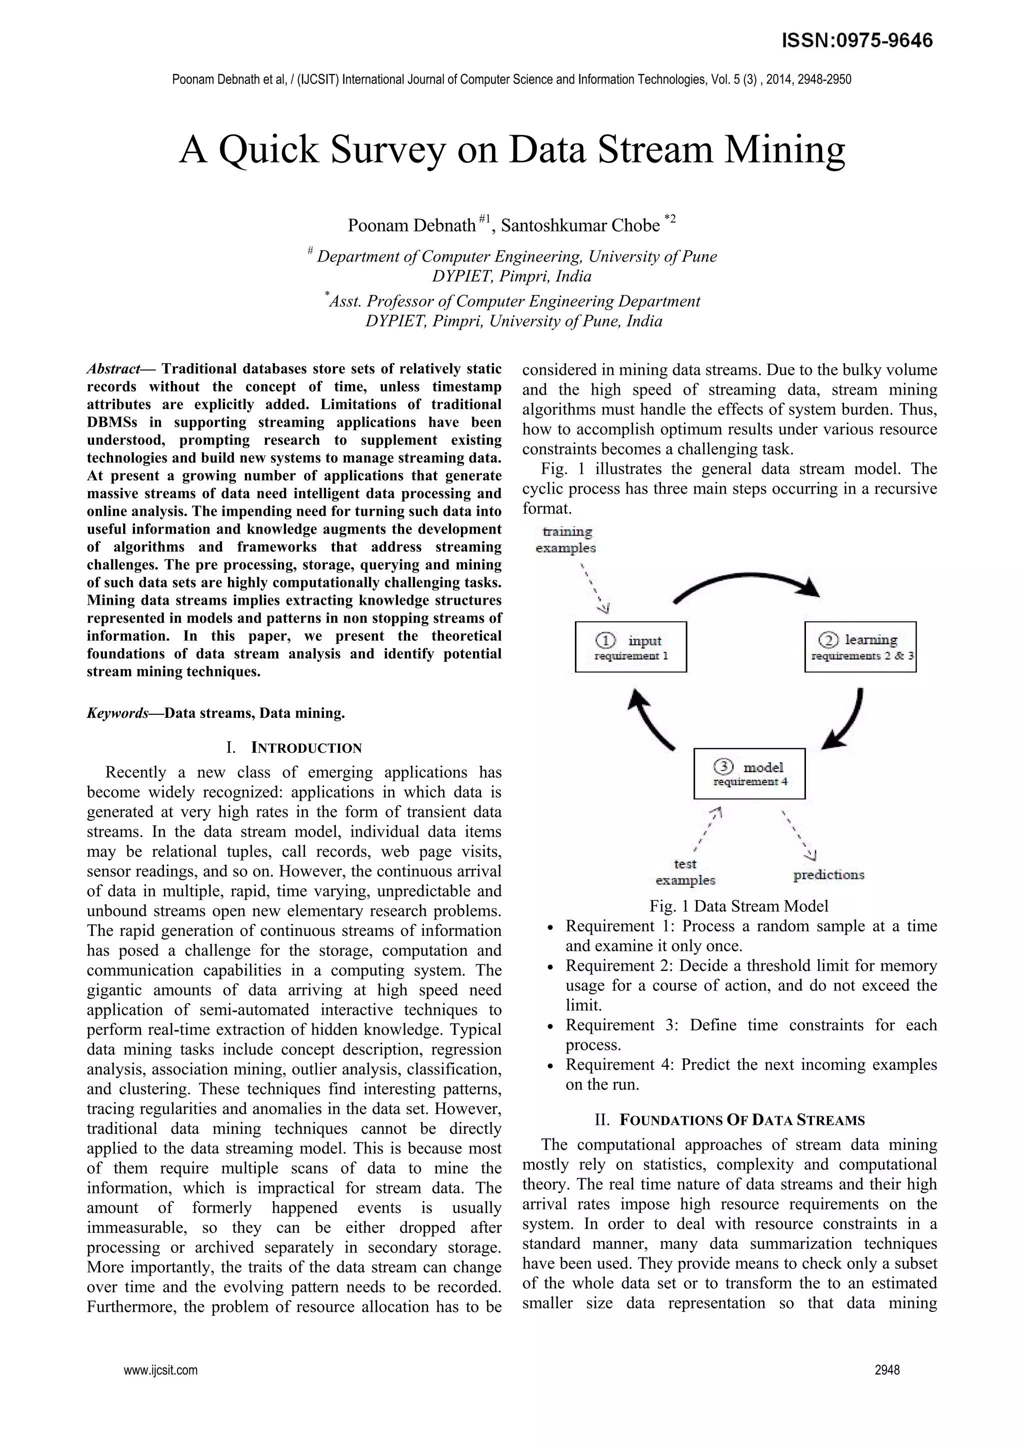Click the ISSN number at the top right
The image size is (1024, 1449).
click(857, 41)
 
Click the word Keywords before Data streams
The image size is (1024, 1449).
click(116, 713)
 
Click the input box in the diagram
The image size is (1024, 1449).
click(630, 647)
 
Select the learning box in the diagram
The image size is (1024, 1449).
click(860, 647)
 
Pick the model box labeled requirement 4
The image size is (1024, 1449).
click(749, 773)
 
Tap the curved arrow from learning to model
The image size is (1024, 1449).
click(848, 719)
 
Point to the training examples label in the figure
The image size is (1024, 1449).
click(566, 540)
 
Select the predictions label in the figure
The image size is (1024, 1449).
click(828, 875)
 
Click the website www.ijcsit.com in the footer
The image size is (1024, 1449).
click(160, 1370)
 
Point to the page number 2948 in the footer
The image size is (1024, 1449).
click(886, 1370)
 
